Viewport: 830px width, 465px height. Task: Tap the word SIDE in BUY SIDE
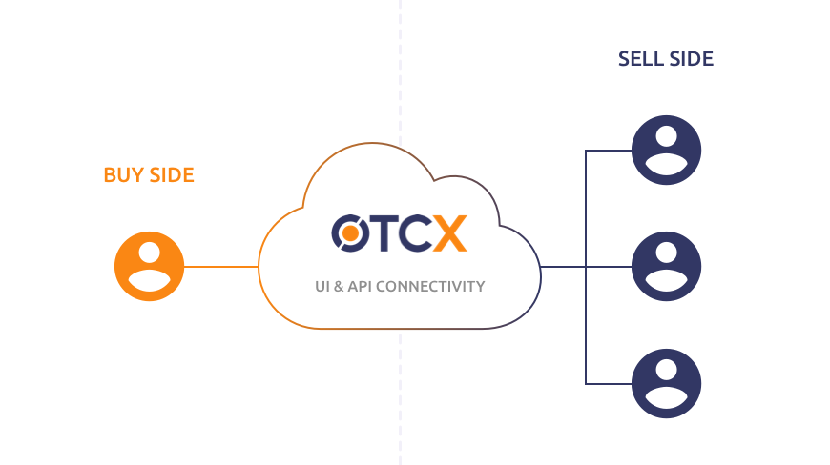[x=172, y=175]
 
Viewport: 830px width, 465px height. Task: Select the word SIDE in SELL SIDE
[x=690, y=59]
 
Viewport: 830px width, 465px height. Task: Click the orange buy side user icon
[x=149, y=267]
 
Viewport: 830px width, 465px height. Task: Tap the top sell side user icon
[x=667, y=151]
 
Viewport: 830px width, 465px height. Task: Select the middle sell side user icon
[x=667, y=267]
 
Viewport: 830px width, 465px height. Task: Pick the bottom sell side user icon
[x=667, y=383]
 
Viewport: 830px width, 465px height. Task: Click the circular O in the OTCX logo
[x=348, y=232]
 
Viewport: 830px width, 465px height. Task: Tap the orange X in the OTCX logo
[x=449, y=232]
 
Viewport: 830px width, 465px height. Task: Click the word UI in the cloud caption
[x=322, y=286]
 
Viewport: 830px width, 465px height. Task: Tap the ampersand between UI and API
[x=340, y=286]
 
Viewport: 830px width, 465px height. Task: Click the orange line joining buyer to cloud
[x=220, y=267]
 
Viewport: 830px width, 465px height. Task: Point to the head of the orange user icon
[x=149, y=254]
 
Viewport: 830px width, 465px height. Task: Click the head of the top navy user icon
[x=667, y=138]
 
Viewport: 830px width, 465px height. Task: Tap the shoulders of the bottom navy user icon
[x=667, y=399]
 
